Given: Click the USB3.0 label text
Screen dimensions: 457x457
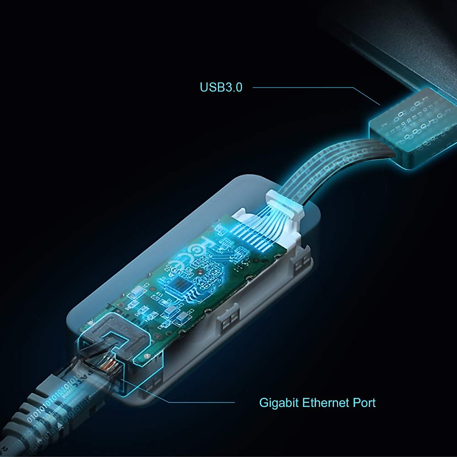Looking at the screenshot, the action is [221, 87].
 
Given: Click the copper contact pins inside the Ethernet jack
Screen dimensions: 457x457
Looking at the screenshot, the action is [110, 364].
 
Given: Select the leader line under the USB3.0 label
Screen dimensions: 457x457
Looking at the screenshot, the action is [305, 88].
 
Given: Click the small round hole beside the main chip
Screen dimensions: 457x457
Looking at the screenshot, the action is [200, 273].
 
